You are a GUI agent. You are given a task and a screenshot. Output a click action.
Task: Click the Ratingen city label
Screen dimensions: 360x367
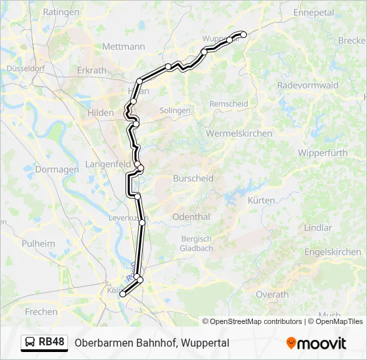61,12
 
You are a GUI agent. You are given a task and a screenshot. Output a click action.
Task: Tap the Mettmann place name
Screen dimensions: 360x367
123,47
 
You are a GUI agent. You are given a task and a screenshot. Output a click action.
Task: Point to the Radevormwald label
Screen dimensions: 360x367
308,85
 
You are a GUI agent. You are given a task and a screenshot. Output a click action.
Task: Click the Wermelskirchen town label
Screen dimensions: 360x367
239,133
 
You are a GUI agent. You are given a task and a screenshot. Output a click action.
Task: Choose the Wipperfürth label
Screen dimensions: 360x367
323,153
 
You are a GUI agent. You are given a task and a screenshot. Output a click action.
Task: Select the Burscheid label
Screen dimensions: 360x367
193,179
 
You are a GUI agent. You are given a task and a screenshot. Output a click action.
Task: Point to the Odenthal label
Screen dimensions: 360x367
191,217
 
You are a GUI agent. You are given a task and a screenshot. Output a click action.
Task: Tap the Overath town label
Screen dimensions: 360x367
272,294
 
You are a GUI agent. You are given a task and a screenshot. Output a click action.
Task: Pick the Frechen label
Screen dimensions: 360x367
41,311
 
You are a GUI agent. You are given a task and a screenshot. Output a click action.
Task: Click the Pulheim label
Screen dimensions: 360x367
38,243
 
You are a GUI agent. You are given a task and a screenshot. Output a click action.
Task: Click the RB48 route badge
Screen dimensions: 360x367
45,342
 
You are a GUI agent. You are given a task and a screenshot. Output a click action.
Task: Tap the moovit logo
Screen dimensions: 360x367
316,343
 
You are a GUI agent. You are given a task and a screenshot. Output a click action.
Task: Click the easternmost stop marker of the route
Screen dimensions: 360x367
244,35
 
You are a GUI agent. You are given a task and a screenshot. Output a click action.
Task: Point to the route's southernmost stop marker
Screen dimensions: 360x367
122,294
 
